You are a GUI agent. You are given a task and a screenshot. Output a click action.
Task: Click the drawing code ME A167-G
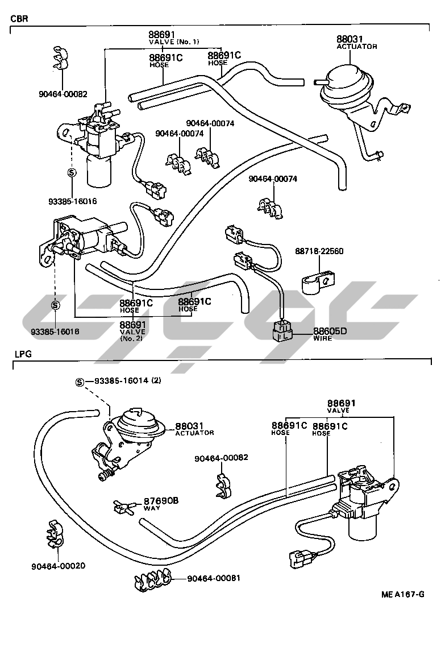(x=402, y=595)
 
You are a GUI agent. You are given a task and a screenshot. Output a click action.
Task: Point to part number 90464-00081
(x=214, y=578)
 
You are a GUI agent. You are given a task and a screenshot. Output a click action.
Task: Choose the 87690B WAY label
(x=160, y=503)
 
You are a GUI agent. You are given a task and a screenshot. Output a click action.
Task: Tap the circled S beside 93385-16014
(x=80, y=382)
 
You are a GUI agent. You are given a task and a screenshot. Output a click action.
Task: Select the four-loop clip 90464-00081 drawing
(x=152, y=579)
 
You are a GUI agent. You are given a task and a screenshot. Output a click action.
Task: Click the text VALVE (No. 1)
(x=174, y=42)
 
